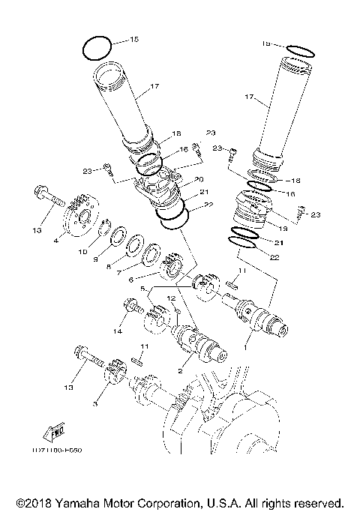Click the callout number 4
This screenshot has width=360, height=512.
tap(56, 241)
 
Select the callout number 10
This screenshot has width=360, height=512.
tap(84, 251)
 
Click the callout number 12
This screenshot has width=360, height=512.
tap(171, 299)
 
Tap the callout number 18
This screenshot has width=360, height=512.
tap(177, 133)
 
